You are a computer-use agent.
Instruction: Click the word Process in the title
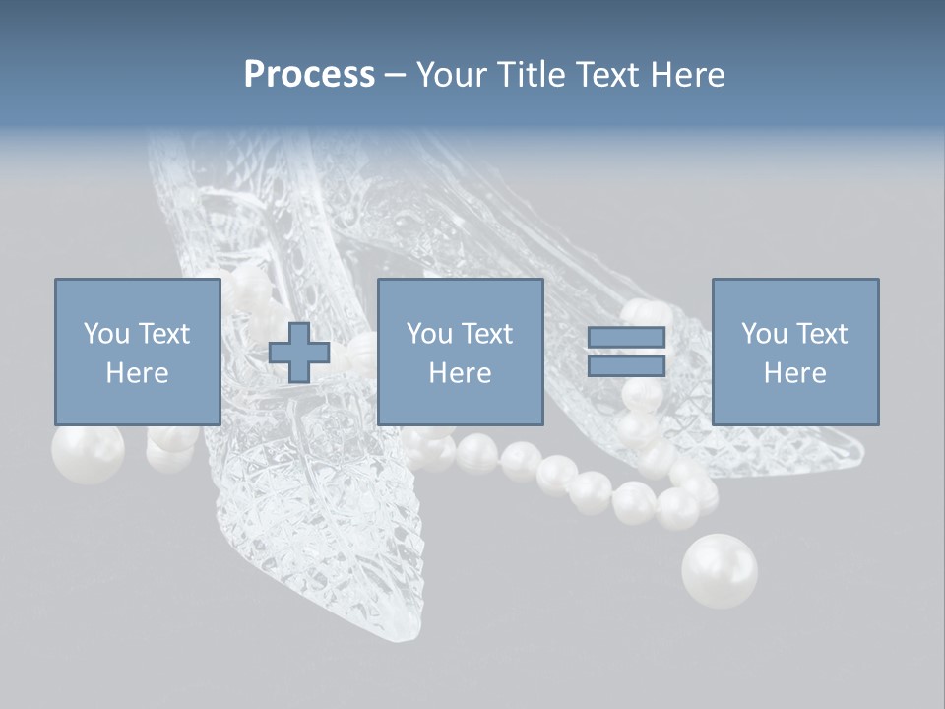point(309,75)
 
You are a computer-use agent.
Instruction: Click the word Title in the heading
point(533,75)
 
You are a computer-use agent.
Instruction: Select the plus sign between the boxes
point(299,353)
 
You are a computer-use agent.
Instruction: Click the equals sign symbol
point(626,352)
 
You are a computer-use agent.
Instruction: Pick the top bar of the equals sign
point(626,339)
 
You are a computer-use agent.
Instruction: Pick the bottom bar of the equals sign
point(626,365)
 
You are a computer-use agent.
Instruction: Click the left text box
point(137,352)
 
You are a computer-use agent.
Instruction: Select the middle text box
point(460,352)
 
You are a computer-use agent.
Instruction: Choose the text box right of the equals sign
point(794,352)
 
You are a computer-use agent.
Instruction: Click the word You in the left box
point(106,334)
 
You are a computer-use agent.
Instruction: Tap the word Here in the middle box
point(460,373)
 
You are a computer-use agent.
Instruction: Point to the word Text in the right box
point(821,334)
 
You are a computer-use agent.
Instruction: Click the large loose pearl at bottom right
point(720,570)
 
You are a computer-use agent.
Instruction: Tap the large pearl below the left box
point(88,453)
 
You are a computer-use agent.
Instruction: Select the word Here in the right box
point(794,373)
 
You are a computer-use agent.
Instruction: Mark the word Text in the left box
point(163,334)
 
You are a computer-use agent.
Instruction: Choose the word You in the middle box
point(429,334)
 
